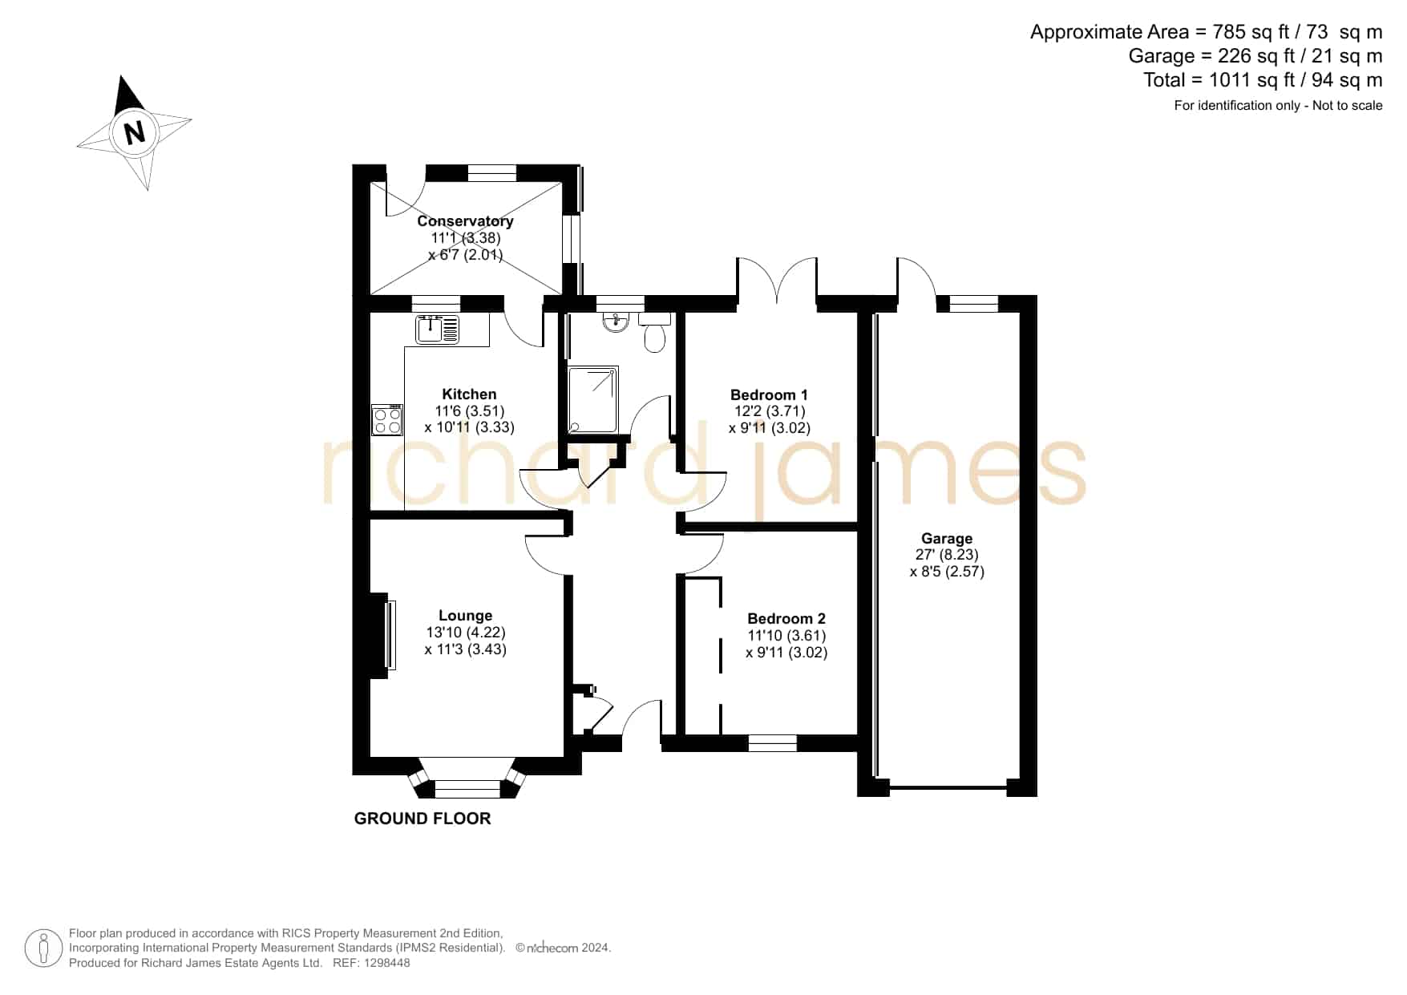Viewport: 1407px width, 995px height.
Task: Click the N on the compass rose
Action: [x=135, y=131]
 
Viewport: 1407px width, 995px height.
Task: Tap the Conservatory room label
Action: [x=465, y=221]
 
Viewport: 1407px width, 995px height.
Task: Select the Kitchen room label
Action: [x=469, y=394]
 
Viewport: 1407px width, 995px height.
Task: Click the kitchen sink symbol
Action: [x=438, y=329]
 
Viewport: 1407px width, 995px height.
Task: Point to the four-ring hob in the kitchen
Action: [x=387, y=420]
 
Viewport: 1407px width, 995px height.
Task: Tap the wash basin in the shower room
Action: [x=617, y=322]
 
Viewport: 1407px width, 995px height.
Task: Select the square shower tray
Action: [x=593, y=400]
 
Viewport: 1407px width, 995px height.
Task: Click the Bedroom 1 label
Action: [x=769, y=394]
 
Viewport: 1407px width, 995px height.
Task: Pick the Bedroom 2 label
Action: [x=786, y=618]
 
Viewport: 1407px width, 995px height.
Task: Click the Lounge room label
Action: [x=465, y=616]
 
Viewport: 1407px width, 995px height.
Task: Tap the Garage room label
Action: [x=947, y=539]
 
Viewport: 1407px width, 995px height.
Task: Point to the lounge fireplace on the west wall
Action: [x=382, y=635]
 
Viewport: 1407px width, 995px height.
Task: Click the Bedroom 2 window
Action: [x=772, y=743]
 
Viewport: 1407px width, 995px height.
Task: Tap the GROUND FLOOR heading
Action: [x=423, y=819]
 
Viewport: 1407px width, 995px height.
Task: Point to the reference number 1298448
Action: [x=388, y=963]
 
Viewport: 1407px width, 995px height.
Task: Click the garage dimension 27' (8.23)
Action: [x=947, y=555]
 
